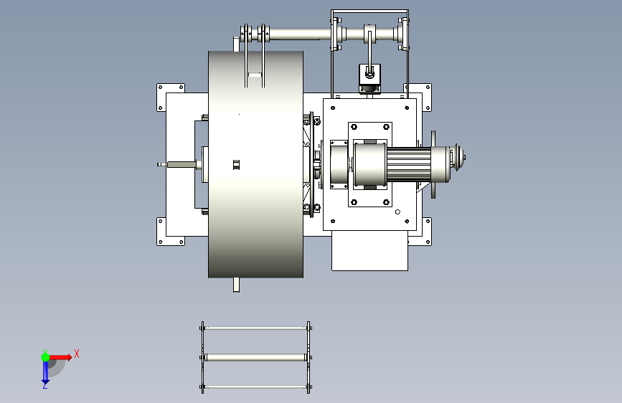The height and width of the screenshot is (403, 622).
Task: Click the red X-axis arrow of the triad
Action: coord(60,357)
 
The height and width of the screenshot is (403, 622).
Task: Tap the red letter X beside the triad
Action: coord(77,354)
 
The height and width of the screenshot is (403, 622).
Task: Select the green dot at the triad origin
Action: coord(46,357)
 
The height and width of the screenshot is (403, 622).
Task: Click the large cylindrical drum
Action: coord(256,164)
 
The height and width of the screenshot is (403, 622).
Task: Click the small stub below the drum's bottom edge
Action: coord(237,285)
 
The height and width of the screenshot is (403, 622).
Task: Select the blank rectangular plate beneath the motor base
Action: coord(369,251)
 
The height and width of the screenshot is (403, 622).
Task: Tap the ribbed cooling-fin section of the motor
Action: coord(409,164)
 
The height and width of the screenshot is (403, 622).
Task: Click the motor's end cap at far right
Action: coord(458,158)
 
